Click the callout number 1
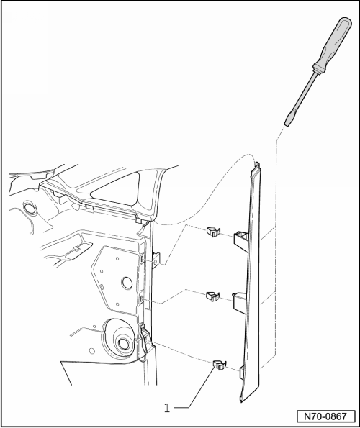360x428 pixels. point(167,408)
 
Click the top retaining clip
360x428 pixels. point(212,232)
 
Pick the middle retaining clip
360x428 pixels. point(212,295)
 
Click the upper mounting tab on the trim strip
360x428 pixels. point(240,240)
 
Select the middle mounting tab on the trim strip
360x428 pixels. point(240,302)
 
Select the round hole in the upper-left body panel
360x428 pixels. point(32,209)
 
